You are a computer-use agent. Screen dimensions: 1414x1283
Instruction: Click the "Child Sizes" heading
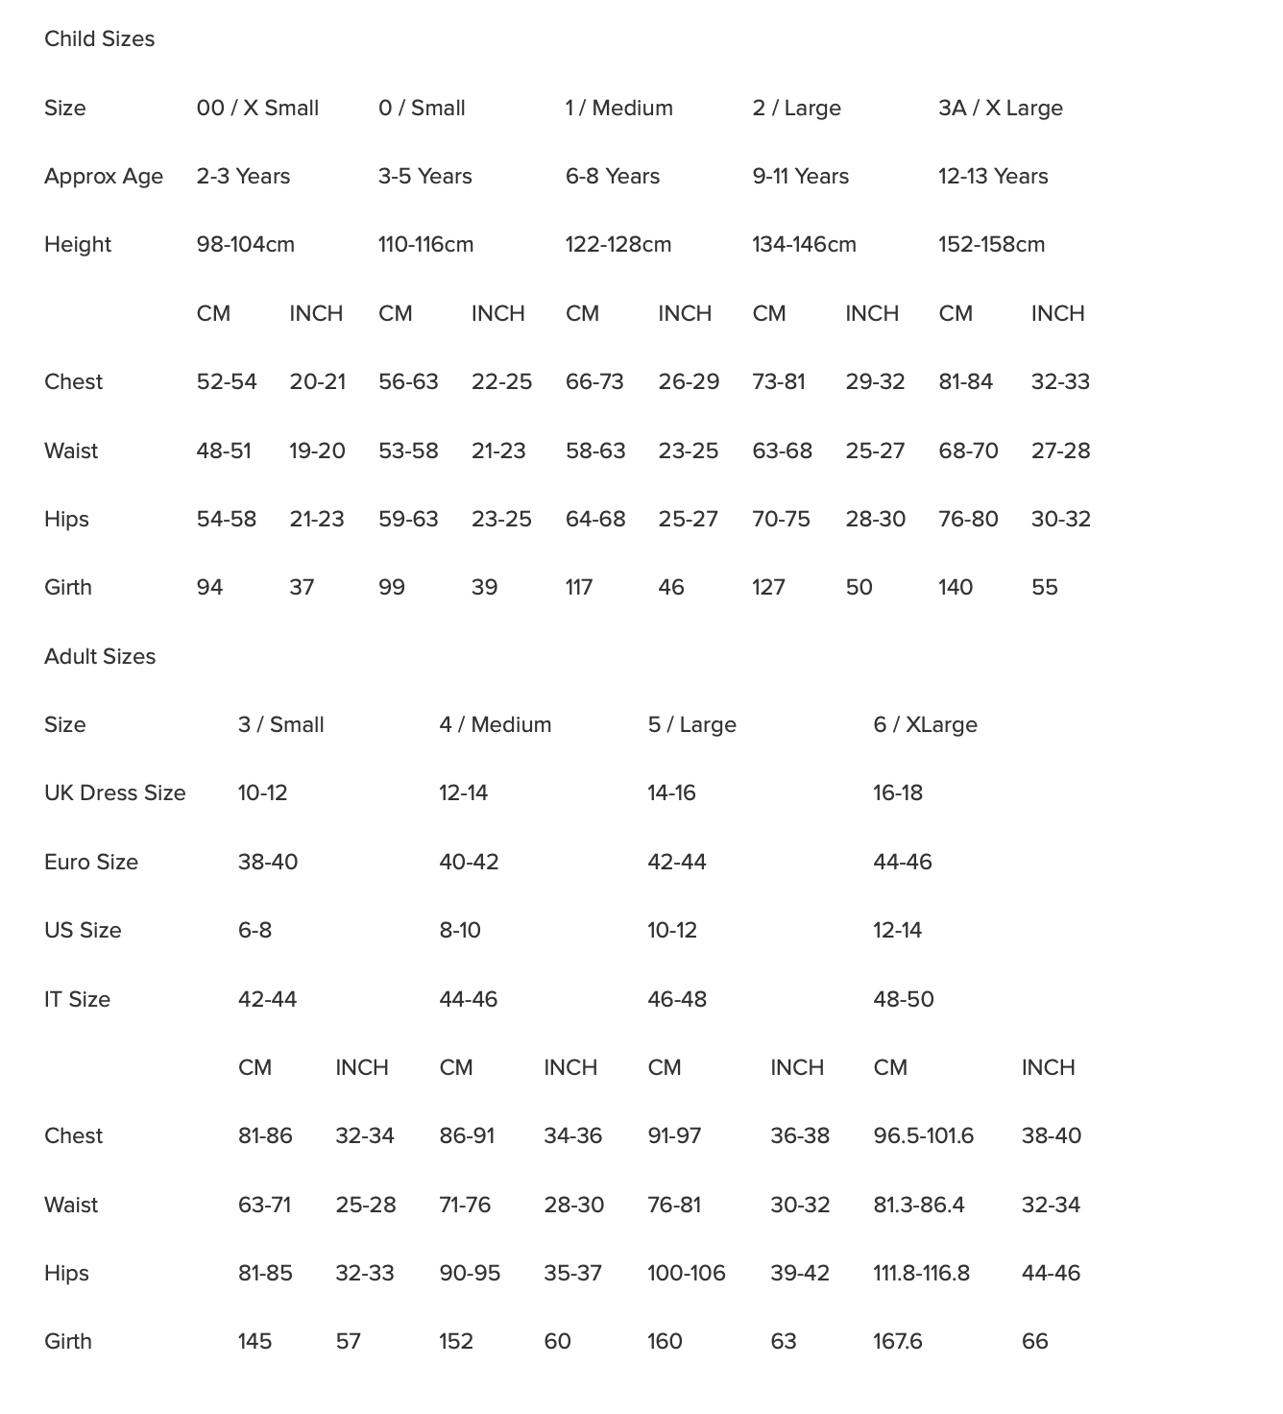pyautogui.click(x=99, y=39)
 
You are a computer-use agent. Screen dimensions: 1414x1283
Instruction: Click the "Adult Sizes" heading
pyautogui.click(x=100, y=657)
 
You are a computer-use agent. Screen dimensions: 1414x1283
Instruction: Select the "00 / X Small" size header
pyautogui.click(x=257, y=109)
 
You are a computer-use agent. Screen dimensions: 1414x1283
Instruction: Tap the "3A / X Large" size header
pyautogui.click(x=1000, y=109)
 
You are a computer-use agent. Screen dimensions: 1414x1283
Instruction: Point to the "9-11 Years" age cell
pyautogui.click(x=800, y=177)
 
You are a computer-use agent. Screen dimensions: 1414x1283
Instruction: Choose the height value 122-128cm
pyautogui.click(x=617, y=245)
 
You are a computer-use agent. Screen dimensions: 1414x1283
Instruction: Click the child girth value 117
pyautogui.click(x=578, y=588)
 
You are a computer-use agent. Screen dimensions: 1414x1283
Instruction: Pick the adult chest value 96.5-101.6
pyautogui.click(x=923, y=1136)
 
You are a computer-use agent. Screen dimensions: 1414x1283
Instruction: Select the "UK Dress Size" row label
pyautogui.click(x=114, y=793)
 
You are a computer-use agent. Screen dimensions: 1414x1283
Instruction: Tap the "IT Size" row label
pyautogui.click(x=77, y=1000)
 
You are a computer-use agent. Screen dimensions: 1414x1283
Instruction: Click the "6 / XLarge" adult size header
pyautogui.click(x=925, y=725)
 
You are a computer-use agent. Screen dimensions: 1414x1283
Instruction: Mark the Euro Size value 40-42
pyautogui.click(x=469, y=863)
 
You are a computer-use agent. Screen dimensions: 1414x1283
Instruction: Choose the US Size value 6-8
pyautogui.click(x=254, y=931)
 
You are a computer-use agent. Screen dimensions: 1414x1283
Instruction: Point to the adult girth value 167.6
pyautogui.click(x=897, y=1342)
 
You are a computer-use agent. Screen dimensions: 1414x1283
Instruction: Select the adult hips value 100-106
pyautogui.click(x=686, y=1274)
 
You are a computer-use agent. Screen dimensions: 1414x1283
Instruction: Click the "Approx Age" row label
pyautogui.click(x=104, y=177)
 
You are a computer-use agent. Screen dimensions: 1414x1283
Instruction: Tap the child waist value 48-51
pyautogui.click(x=224, y=451)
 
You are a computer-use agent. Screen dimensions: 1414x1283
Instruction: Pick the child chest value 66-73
pyautogui.click(x=594, y=382)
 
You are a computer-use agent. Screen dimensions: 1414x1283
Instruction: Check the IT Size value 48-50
pyautogui.click(x=903, y=1000)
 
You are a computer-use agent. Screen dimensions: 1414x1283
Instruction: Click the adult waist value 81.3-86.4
pyautogui.click(x=918, y=1206)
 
